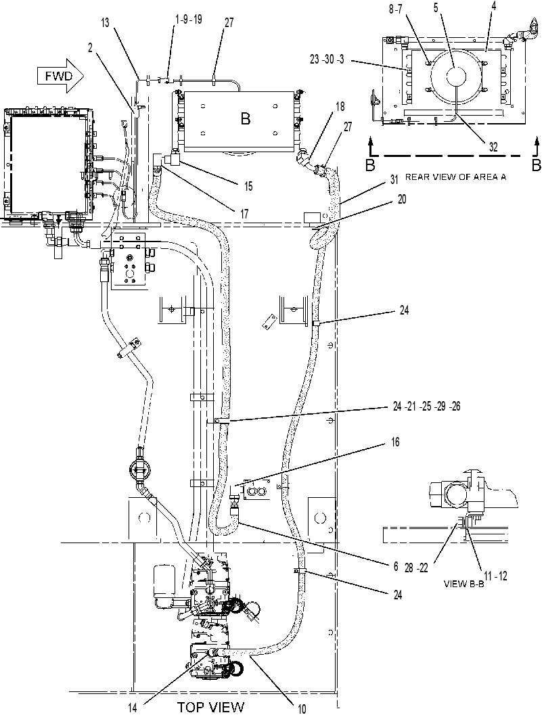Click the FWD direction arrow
point(61,76)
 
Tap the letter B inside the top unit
point(246,119)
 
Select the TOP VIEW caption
point(210,707)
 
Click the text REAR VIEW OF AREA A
point(456,177)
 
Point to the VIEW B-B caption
point(463,583)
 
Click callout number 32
point(493,147)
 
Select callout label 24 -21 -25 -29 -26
point(426,406)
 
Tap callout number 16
point(395,442)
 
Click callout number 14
point(132,708)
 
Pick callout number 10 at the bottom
point(302,708)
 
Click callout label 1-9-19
point(189,20)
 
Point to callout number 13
point(106,22)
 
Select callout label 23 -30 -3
point(327,60)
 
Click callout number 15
point(248,186)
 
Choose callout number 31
point(394,181)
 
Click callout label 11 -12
point(495,576)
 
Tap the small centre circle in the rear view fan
point(455,76)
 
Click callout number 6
point(395,567)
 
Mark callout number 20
point(402,200)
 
